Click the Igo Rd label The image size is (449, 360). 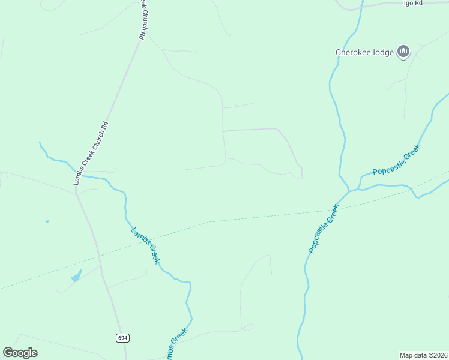414,3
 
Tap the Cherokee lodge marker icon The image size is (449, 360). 403,52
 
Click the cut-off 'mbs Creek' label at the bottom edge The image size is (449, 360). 176,344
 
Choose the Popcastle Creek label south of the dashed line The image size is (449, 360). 324,228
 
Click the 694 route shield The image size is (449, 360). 122,338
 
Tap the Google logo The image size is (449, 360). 20,353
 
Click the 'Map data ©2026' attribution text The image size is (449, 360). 423,355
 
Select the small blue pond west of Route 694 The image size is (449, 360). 76,276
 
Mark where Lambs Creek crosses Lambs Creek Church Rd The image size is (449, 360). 79,175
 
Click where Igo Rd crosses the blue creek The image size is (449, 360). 362,5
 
